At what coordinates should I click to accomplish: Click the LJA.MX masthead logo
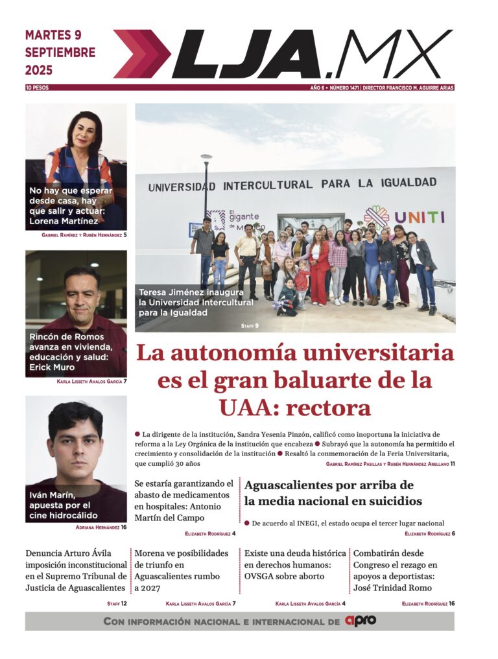pos(283,54)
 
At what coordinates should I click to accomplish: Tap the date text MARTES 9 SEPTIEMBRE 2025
pos(60,52)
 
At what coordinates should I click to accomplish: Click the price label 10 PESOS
pos(37,87)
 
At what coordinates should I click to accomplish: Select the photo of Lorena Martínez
pos(76,156)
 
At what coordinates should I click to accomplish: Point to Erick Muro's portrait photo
pos(76,305)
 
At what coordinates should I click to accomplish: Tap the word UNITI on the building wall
pos(420,217)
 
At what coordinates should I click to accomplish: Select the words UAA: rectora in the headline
pos(294,408)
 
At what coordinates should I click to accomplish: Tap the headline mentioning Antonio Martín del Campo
pos(184,501)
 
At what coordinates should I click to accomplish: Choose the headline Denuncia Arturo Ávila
pos(75,571)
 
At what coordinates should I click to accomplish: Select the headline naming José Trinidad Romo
pos(403,571)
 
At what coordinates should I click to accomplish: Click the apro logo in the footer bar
pos(360,621)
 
